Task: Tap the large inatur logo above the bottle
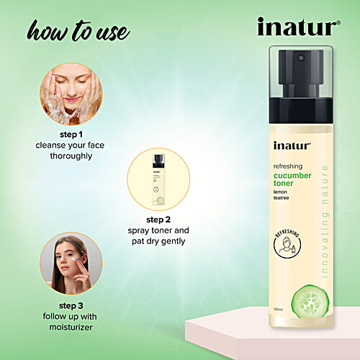[x=298, y=27]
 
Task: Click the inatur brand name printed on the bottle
[x=292, y=145]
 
